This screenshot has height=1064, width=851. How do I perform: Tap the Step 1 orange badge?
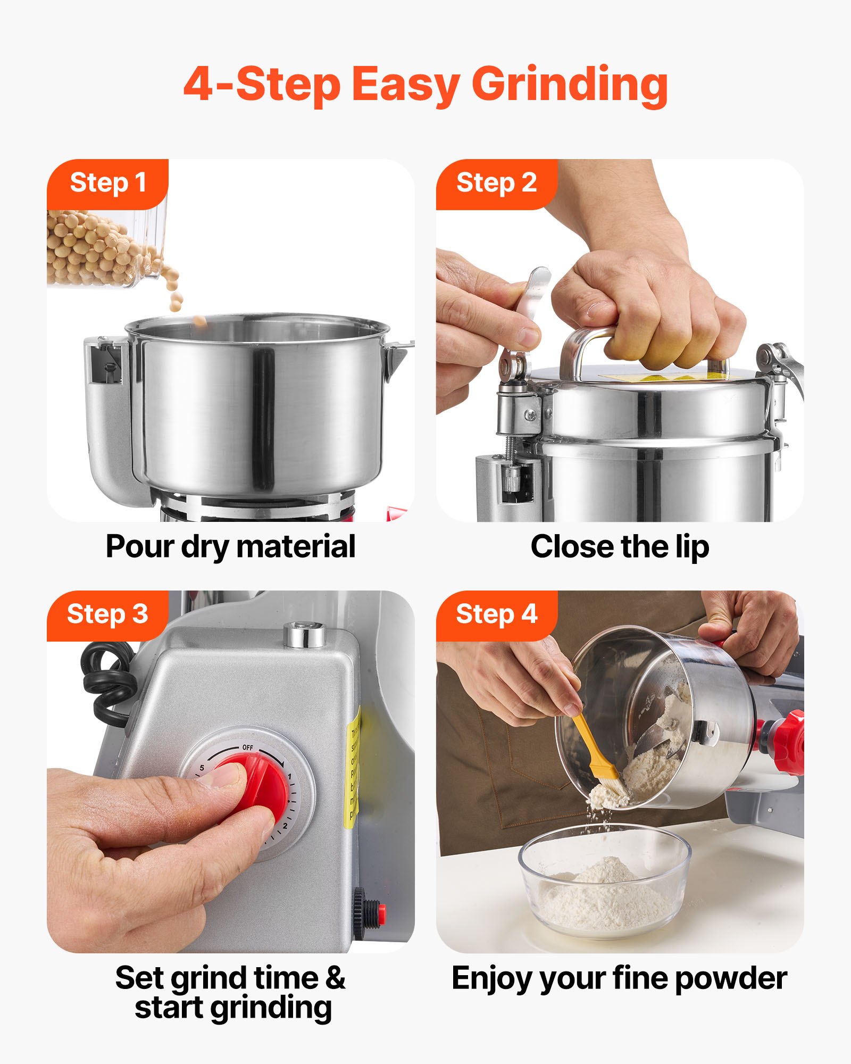108,183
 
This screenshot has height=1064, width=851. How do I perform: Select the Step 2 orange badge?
496,183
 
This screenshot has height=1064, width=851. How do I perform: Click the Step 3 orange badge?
107,614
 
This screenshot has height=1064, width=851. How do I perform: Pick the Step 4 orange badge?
496,614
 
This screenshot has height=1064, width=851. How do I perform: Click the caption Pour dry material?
230,546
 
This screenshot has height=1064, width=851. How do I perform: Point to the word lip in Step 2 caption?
693,547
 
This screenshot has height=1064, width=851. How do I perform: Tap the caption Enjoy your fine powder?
619,978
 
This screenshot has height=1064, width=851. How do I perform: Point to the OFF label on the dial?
248,747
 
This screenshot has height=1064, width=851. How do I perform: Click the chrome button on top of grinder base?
305,635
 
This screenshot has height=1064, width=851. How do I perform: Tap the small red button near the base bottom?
381,911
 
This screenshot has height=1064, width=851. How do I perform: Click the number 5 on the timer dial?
202,768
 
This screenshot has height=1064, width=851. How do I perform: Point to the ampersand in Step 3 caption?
335,978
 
